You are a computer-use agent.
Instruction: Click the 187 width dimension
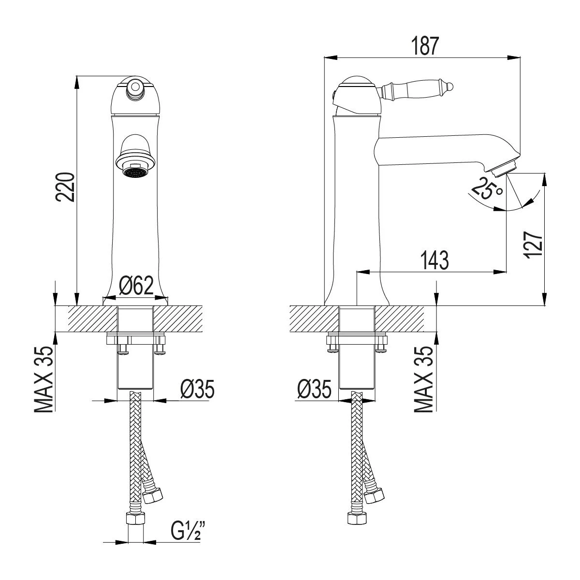click(425, 46)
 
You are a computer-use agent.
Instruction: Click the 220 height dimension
click(65, 187)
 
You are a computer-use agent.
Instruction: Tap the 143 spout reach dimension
click(435, 260)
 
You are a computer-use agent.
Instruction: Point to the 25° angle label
click(486, 188)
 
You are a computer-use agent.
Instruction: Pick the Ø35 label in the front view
click(198, 389)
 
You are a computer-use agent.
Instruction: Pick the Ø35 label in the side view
click(314, 389)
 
